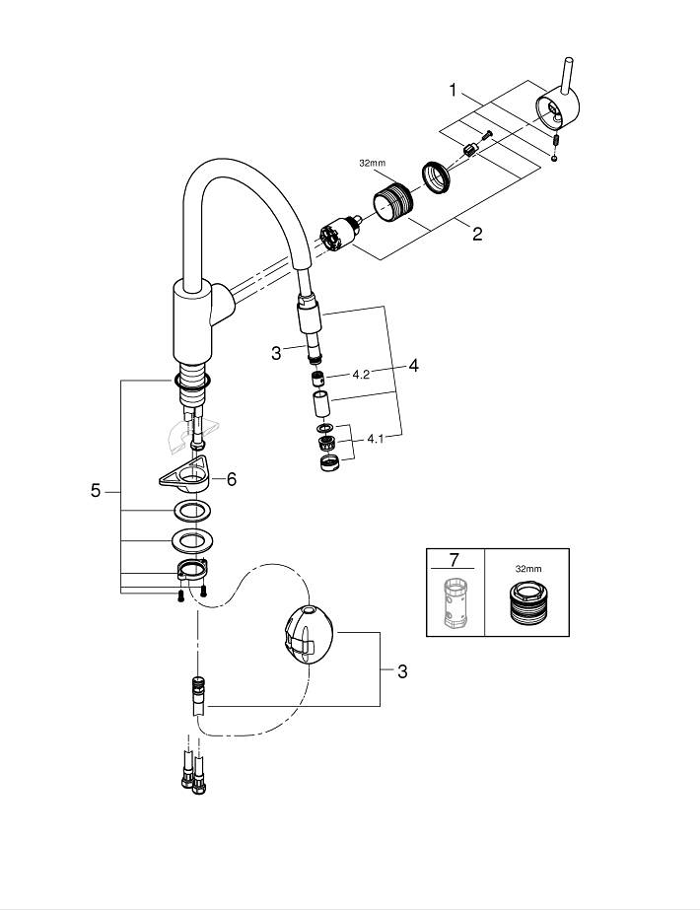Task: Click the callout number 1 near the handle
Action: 453,91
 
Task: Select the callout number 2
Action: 477,234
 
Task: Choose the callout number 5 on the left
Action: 96,490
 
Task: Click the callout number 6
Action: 232,478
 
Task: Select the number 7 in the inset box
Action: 454,560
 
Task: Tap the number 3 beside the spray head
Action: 277,352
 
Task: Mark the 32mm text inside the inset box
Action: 529,569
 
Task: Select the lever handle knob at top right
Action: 558,108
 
